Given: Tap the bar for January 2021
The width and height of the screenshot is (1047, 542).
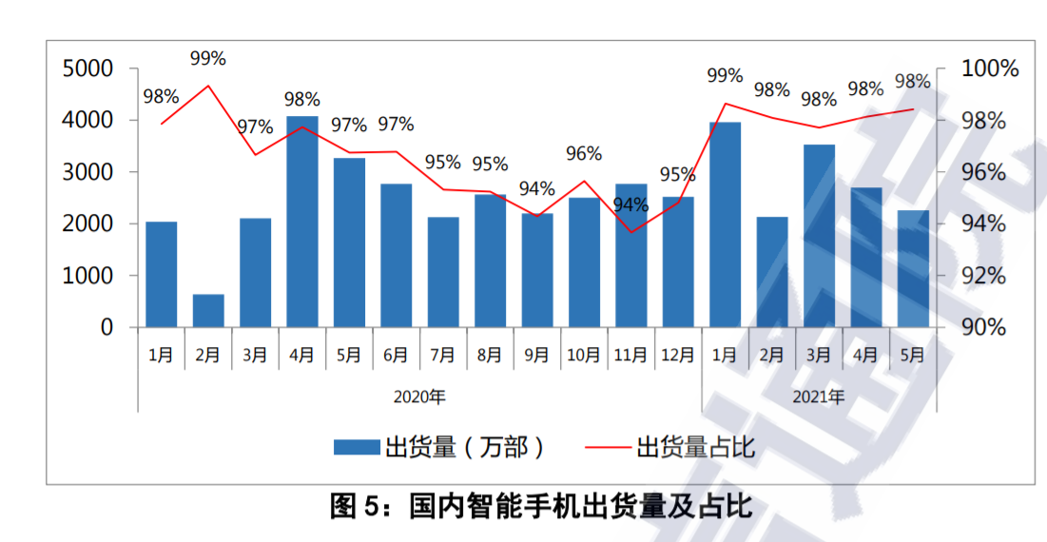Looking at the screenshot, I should [725, 224].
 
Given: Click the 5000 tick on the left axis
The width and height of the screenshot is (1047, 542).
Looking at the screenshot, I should [87, 69].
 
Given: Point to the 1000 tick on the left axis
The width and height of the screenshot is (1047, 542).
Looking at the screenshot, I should [87, 276].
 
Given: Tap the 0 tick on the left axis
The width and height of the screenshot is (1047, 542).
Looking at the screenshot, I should [107, 327].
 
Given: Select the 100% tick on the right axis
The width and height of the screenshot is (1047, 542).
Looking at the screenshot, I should [990, 69].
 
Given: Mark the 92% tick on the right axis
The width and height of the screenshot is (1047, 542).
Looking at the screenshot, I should [983, 276].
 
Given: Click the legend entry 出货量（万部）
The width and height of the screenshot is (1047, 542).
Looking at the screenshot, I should [439, 446].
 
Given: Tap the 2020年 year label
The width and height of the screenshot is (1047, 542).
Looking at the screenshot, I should [419, 397].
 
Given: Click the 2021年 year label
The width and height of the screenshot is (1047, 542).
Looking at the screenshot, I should [818, 397].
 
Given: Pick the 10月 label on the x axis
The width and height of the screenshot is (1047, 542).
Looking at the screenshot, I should [584, 356].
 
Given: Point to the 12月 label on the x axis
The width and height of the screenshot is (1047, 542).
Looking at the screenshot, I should [678, 356].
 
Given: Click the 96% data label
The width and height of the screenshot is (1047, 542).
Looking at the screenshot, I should [584, 154].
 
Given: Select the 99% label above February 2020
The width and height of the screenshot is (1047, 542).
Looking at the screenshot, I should [208, 59].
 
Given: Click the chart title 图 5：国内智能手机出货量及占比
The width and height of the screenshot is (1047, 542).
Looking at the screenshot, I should [541, 506].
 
